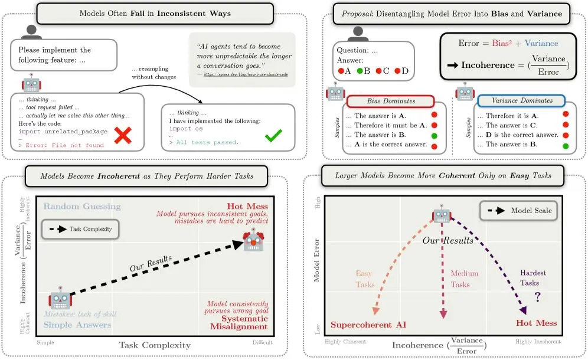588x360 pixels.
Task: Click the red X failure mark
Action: click(x=122, y=136)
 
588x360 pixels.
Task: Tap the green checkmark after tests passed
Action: click(x=273, y=136)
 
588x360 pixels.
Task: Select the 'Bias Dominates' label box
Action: click(x=391, y=101)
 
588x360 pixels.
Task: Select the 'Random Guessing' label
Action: click(x=81, y=207)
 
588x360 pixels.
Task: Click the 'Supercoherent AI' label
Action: click(x=368, y=324)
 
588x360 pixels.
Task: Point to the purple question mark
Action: click(x=537, y=296)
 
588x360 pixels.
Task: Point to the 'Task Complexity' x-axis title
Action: click(x=155, y=345)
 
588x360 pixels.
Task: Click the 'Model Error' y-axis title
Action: click(x=316, y=260)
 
